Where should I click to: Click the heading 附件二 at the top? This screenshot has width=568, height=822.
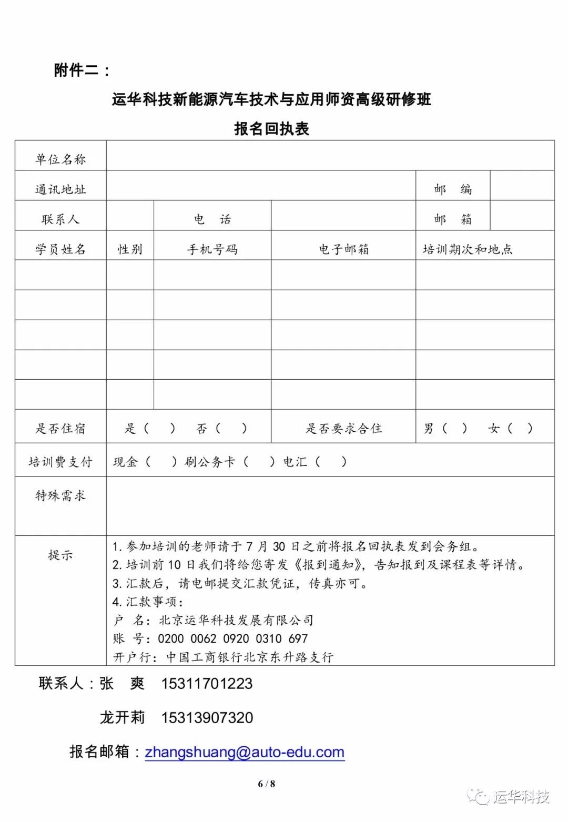(82, 70)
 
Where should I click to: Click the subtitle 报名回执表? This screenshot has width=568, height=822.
(271, 128)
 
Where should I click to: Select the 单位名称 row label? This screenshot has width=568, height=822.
(60, 159)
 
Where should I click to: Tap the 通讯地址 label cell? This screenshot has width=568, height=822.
(60, 189)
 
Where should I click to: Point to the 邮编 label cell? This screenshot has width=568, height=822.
(453, 189)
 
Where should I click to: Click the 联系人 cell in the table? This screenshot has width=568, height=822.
(60, 219)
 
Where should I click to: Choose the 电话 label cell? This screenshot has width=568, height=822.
(212, 219)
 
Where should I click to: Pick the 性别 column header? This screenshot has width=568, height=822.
(130, 249)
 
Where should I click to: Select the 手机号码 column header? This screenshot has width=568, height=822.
(212, 249)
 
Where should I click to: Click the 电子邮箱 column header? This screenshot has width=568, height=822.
(343, 249)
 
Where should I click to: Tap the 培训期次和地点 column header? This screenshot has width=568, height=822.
(468, 249)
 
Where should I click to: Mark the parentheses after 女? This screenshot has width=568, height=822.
(520, 429)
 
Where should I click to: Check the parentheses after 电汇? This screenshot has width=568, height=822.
(330, 462)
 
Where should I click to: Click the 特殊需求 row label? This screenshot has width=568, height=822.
(60, 495)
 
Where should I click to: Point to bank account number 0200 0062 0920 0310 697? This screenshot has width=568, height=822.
(232, 638)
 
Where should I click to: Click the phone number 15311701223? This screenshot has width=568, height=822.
(207, 684)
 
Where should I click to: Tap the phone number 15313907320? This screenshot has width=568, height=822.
(207, 718)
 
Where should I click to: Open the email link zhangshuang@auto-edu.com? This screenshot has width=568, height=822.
(245, 752)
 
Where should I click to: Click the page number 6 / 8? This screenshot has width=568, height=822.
(267, 784)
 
